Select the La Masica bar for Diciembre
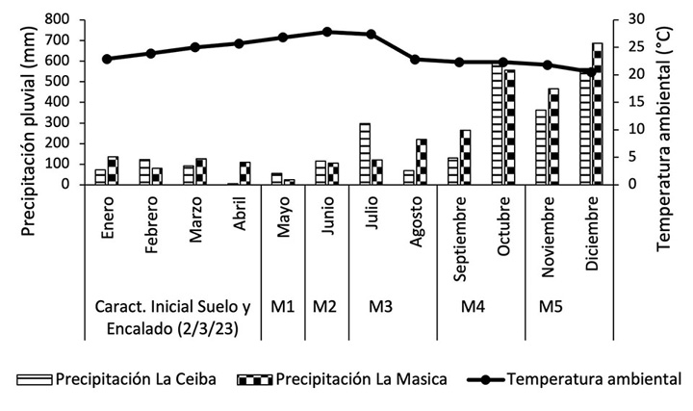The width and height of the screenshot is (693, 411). point(598,114)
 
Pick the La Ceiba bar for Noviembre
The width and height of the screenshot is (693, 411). point(542,147)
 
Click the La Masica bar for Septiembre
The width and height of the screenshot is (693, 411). point(466,157)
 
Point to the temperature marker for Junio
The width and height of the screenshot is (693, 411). point(327,32)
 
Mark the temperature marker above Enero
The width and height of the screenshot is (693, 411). point(107,59)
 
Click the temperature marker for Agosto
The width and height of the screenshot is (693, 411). point(416,60)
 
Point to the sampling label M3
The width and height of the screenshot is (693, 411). point(381,307)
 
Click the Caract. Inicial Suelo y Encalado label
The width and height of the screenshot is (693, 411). point(172,317)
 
